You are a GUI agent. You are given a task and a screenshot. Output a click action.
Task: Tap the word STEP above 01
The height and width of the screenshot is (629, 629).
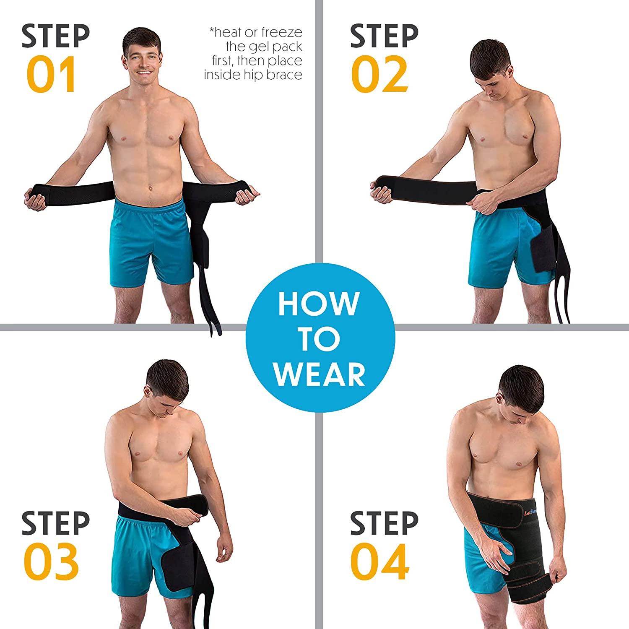55,36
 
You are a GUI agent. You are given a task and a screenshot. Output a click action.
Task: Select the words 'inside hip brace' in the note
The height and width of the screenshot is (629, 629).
253,75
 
